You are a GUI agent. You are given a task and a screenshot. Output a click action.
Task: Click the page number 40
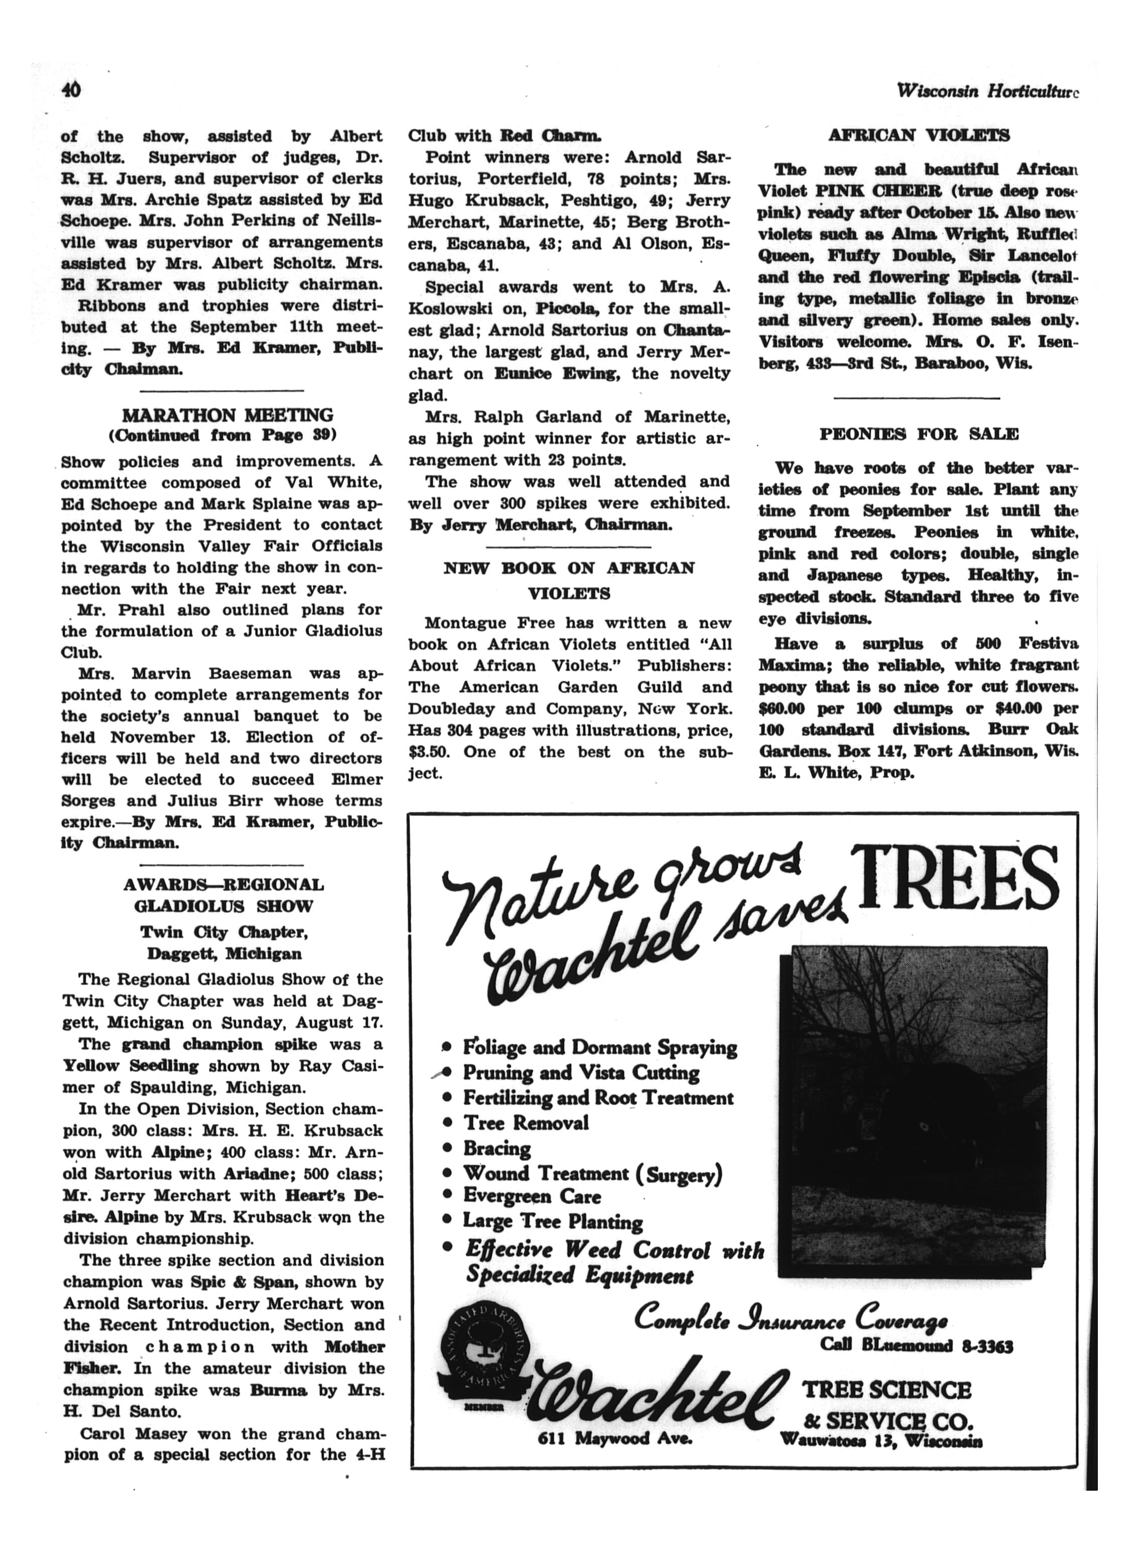click(71, 90)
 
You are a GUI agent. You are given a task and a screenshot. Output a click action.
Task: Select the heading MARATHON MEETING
click(227, 415)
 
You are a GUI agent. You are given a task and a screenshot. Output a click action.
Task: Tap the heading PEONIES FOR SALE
click(919, 434)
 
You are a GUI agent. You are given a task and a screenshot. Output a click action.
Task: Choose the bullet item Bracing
click(497, 1149)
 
